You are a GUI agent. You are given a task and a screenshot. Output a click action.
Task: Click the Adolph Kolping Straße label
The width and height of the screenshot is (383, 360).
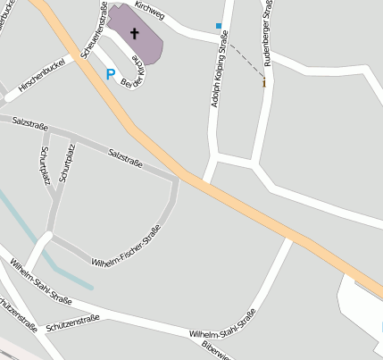pyautogui.click(x=216, y=81)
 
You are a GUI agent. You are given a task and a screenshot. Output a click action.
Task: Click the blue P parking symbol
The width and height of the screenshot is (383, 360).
pyautogui.click(x=111, y=75)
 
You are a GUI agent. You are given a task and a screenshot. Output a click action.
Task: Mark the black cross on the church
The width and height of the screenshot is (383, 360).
pyautogui.click(x=135, y=34)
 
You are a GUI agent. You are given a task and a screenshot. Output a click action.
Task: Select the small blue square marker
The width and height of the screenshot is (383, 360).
pyautogui.click(x=219, y=26)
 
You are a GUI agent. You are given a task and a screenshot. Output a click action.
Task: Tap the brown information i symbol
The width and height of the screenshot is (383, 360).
pyautogui.click(x=264, y=83)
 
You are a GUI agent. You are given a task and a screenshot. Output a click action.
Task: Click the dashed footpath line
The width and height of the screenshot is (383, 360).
pyautogui.click(x=243, y=59)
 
